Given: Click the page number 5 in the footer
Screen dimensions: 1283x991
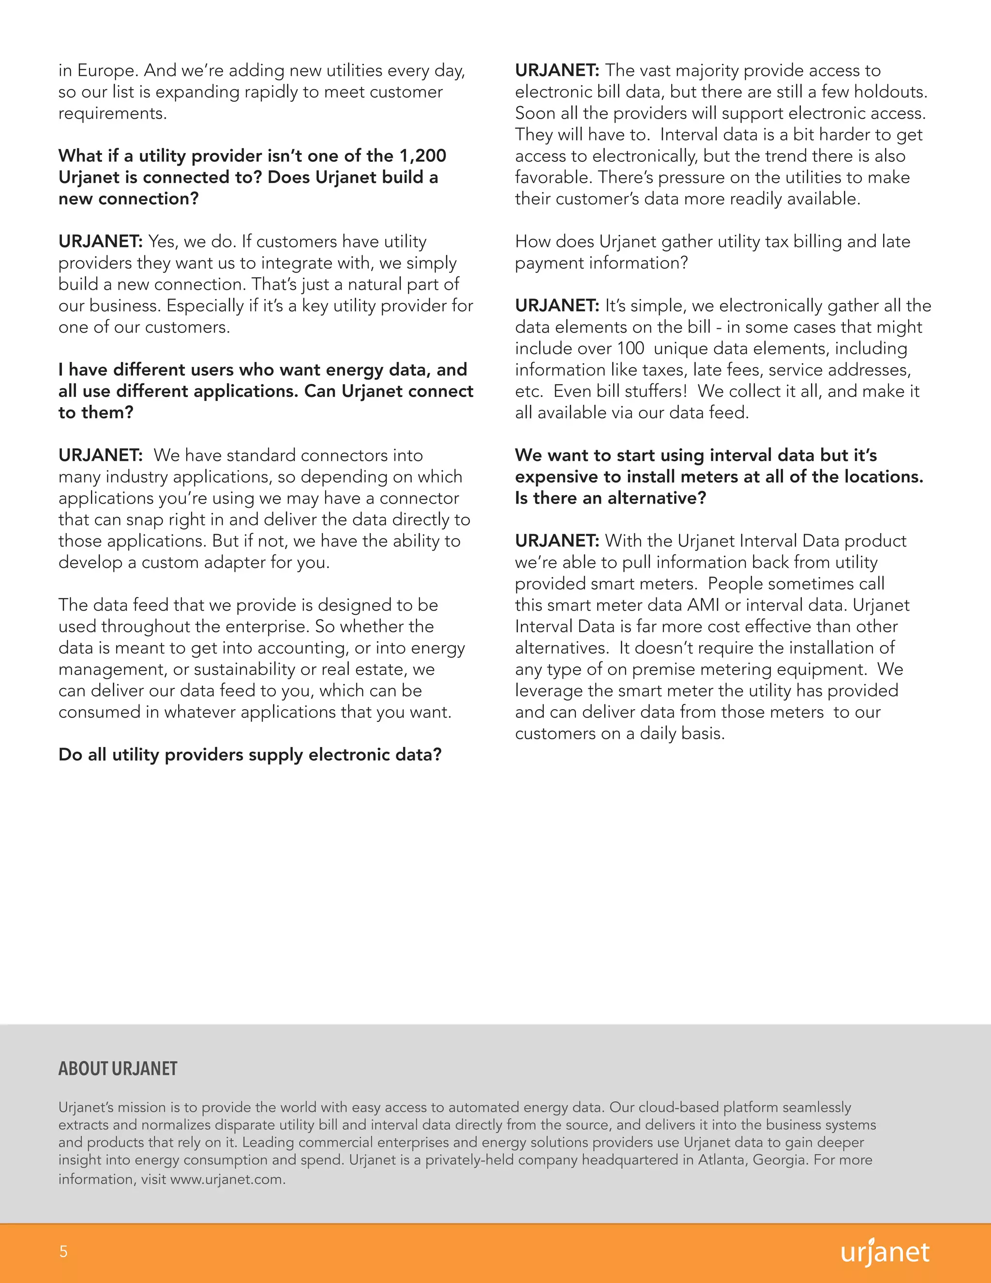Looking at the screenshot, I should [x=63, y=1251].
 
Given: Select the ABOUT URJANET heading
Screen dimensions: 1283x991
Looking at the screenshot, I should [x=118, y=1069].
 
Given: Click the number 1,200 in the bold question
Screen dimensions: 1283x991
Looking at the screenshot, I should [x=423, y=156].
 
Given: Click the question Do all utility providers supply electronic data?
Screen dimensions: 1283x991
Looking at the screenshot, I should [x=250, y=754].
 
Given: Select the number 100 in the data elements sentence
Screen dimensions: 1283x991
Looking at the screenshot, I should [x=631, y=349].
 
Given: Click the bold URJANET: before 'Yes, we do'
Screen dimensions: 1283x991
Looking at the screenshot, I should [x=100, y=242].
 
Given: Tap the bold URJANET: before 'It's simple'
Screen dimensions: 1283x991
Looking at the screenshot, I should [x=557, y=305].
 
